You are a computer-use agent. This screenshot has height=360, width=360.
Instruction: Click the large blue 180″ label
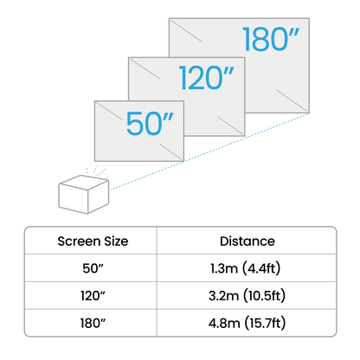pos(271,39)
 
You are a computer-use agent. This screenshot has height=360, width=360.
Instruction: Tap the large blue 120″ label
pos(206,77)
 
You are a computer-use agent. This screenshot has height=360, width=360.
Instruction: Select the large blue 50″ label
pos(150,123)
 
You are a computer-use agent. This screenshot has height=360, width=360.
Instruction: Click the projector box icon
pos(84,194)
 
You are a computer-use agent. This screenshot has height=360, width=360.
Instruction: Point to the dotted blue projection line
pos(209,151)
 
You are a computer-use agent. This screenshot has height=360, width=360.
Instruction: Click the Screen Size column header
pos(93,241)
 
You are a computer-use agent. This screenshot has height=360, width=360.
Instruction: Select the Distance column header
pos(247,241)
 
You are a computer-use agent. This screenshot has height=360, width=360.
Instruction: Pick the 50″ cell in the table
pos(93,268)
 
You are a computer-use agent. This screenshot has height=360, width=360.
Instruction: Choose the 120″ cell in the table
pos(93,296)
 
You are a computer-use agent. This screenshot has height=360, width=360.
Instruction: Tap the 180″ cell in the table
pos(93,323)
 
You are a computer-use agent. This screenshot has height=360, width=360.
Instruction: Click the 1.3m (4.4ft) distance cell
pos(246,268)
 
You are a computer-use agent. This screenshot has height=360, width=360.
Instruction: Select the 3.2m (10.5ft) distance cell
pos(247,296)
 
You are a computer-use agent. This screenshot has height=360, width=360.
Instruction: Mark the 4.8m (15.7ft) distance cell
pos(247,323)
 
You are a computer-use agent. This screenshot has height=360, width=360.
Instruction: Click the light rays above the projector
pos(96,171)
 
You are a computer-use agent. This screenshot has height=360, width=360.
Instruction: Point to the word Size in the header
pos(116,241)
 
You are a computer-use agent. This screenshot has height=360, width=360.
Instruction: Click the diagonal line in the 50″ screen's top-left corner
pos(109,111)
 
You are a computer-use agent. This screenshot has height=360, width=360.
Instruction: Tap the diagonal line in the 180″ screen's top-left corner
pos(186,30)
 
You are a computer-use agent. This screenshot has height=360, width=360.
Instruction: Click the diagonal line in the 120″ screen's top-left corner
pos(145,68)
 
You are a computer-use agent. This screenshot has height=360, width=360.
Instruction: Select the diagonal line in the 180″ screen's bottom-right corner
pos(292,101)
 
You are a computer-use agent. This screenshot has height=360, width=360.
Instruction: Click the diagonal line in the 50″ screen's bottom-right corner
pos(171,152)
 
